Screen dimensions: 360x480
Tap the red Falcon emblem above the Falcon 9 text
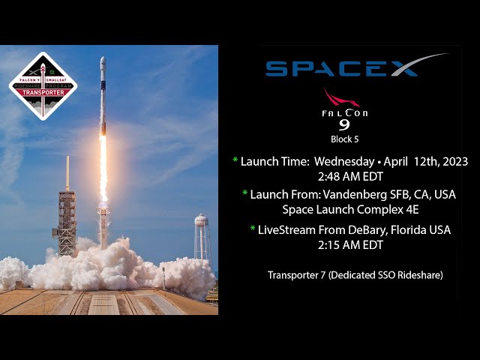click(x=341, y=98)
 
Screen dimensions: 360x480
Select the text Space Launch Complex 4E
click(x=350, y=209)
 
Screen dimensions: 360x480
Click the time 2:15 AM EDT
click(x=350, y=244)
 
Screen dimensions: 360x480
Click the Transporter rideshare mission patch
click(x=43, y=86)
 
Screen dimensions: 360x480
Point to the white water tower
click(x=200, y=232)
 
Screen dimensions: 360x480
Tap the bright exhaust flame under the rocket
click(x=103, y=169)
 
